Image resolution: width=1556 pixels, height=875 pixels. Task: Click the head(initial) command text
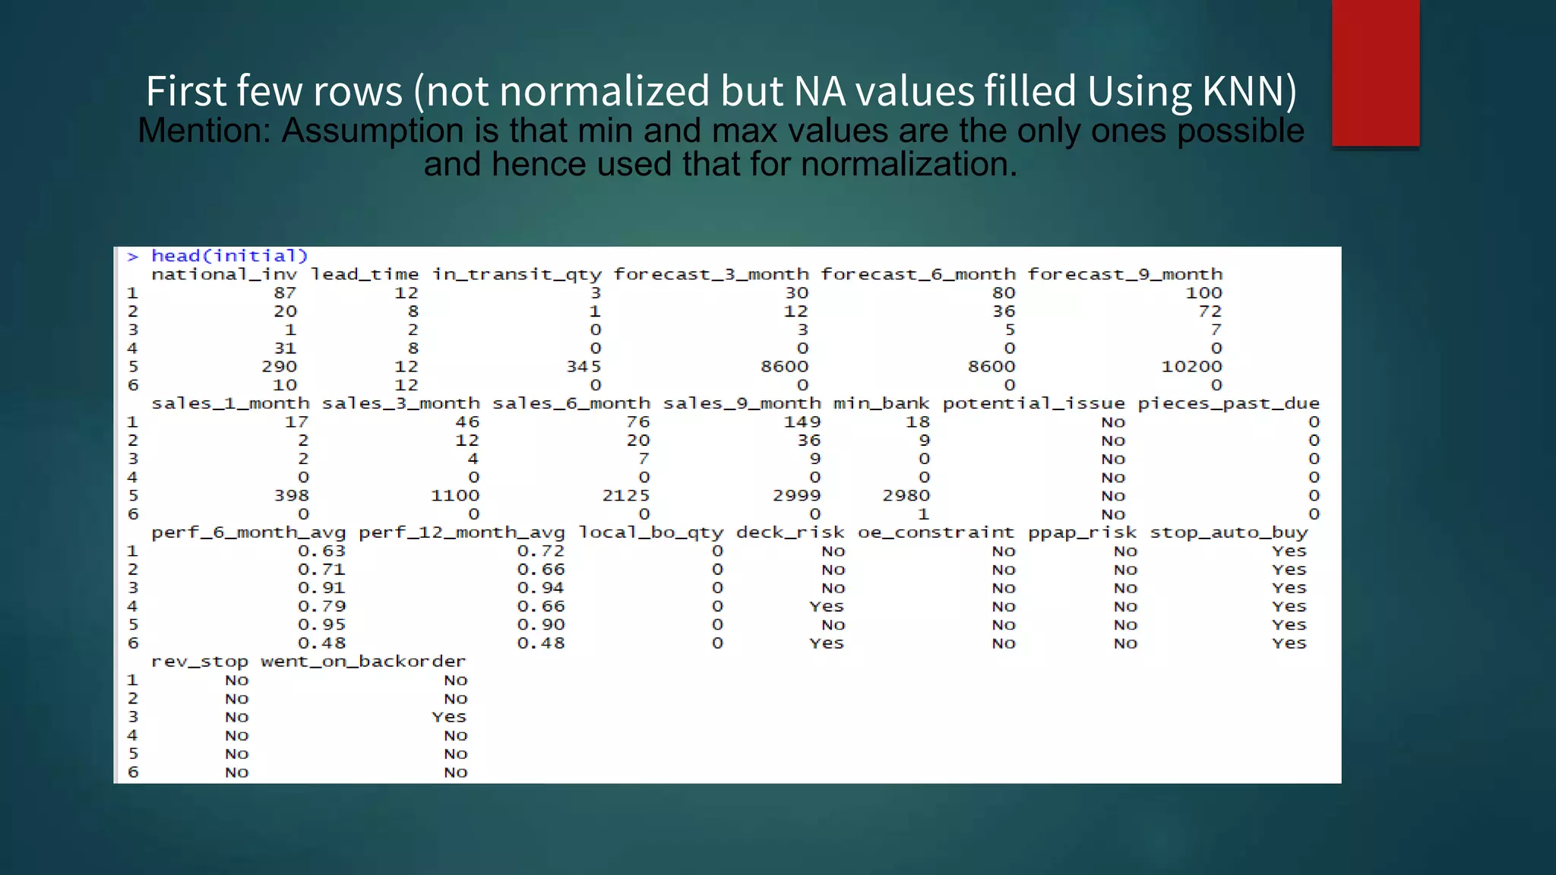point(229,256)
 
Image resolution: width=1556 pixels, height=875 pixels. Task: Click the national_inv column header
point(223,274)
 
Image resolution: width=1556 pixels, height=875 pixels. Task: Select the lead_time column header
point(364,274)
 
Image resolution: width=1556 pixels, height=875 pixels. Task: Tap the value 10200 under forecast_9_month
point(1191,367)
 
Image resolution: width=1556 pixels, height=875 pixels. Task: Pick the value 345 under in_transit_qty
point(583,367)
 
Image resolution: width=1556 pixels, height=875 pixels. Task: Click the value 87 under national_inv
point(285,293)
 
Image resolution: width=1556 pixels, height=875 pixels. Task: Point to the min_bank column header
point(881,403)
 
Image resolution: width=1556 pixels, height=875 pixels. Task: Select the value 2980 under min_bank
point(906,496)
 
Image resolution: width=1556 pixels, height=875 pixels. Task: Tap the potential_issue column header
point(1033,403)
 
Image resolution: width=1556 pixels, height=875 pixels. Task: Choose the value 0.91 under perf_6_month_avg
point(321,588)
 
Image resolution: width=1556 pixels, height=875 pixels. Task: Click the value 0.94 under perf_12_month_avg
point(540,588)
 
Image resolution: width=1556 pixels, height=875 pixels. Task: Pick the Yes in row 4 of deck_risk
point(826,606)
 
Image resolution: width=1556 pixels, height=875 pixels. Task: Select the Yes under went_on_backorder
point(448,717)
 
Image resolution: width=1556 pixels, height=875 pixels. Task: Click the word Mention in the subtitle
point(203,131)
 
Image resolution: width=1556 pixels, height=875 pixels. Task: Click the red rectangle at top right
point(1375,73)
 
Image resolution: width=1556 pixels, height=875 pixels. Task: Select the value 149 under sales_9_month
point(802,422)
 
